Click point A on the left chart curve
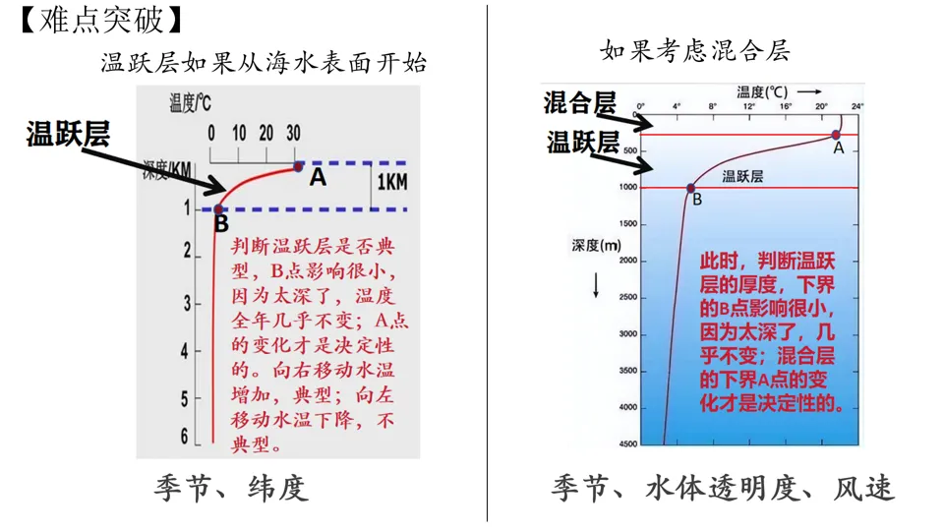coord(298,168)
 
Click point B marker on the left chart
coord(218,208)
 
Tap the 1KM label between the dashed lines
coord(392,184)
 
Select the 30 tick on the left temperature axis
coord(293,134)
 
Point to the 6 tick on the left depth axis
coord(184,437)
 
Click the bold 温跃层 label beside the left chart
coord(67,135)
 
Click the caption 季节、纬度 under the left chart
coord(231,488)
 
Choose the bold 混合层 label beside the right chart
coord(580,101)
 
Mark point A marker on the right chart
coord(836,136)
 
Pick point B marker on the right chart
coord(690,188)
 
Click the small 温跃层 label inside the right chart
coord(743,177)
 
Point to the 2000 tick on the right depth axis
coord(625,261)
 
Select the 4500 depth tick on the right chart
coord(625,444)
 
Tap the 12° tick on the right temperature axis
coord(748,105)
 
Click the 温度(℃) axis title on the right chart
coord(763,90)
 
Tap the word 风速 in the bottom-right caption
coord(864,488)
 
